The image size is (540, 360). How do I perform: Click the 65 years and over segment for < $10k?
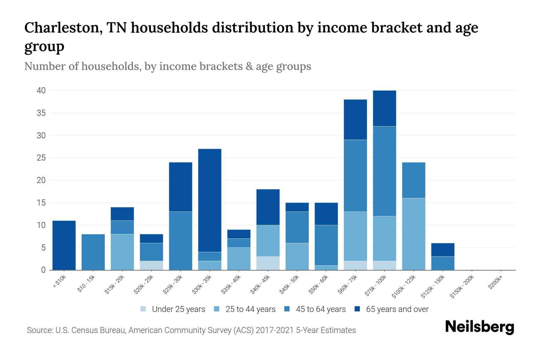pos(64,245)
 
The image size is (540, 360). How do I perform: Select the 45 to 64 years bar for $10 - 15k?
pos(93,252)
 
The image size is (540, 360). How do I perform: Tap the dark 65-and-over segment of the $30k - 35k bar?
pos(210,200)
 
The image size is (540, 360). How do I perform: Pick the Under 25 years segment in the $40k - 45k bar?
pos(268,263)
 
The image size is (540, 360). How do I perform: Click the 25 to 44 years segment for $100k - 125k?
pos(413,234)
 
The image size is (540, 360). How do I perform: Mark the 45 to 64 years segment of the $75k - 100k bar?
pos(384,171)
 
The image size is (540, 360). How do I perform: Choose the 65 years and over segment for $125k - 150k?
pos(442,250)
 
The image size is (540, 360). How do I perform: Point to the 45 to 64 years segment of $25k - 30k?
pos(181,241)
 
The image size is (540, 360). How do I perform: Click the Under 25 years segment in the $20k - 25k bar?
pos(151,265)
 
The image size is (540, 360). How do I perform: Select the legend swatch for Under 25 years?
pos(143,309)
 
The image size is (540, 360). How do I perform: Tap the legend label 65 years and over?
pos(397,309)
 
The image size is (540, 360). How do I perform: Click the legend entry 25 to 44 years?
pos(250,309)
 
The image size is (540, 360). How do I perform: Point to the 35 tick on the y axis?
pos(41,113)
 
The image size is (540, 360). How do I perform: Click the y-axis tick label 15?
pos(41,203)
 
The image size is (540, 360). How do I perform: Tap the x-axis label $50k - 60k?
pos(319,284)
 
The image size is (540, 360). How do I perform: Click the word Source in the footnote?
pos(39,330)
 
